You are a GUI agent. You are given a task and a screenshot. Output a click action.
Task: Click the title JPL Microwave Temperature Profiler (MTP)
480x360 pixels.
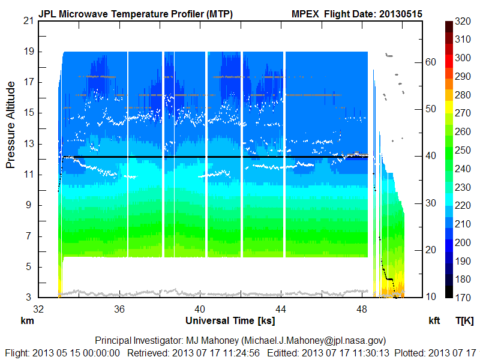click(x=136, y=13)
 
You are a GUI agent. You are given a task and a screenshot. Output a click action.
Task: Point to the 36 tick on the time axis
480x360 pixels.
click(x=119, y=310)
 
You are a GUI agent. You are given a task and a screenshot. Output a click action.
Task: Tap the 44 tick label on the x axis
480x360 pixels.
click(x=281, y=310)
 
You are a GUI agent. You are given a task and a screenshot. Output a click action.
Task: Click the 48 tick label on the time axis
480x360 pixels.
click(x=362, y=310)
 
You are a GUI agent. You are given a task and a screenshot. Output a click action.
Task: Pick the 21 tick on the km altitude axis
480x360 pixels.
click(x=28, y=21)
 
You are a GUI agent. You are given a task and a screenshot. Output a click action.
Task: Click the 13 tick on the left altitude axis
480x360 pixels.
click(x=28, y=143)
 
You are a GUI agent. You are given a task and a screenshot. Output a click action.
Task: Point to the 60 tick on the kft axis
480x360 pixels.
click(x=431, y=62)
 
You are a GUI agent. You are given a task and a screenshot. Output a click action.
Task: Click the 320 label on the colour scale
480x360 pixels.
click(x=463, y=21)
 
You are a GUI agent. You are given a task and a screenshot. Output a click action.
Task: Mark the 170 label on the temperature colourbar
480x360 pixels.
click(x=463, y=297)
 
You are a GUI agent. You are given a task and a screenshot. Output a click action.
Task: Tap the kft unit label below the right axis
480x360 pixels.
click(x=434, y=321)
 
